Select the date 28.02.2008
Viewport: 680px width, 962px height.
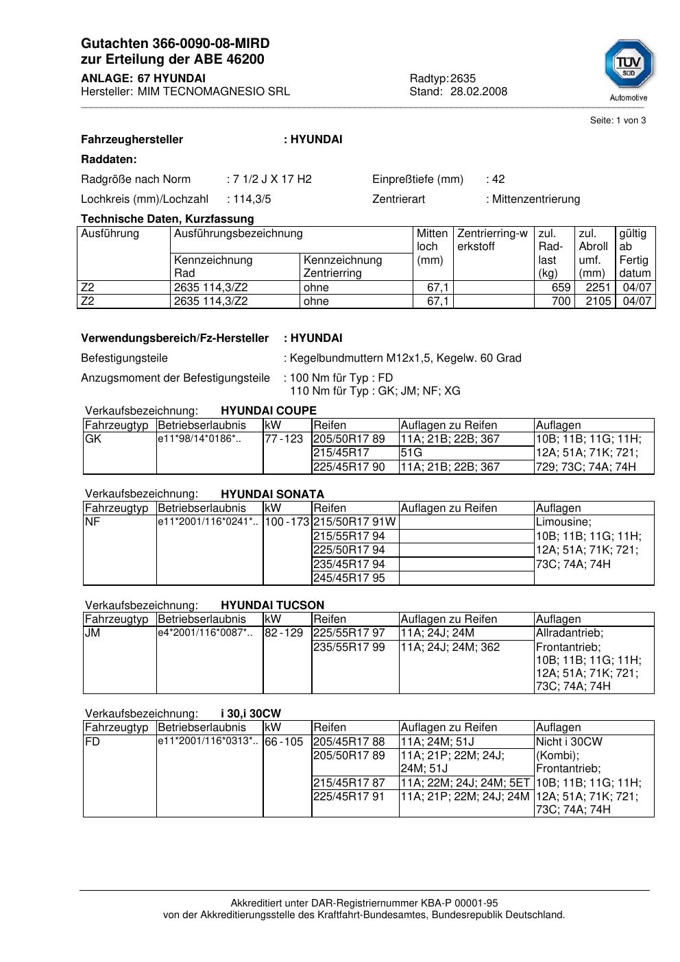[478, 91]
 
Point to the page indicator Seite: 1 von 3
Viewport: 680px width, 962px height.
[618, 121]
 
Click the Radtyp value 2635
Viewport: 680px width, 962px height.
[463, 78]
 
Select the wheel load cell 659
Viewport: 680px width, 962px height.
[561, 288]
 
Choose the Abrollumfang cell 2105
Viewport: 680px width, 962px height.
[598, 301]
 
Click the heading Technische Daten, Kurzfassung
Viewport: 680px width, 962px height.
[167, 219]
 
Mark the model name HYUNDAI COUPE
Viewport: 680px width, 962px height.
[269, 411]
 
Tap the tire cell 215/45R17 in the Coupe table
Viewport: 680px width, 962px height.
[341, 453]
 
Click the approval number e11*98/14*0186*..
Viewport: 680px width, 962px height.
[199, 439]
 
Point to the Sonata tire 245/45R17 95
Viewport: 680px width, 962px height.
[349, 578]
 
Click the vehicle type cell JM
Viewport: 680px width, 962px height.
[93, 633]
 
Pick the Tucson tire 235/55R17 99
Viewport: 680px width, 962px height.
[349, 647]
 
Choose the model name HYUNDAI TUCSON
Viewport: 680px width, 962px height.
[272, 606]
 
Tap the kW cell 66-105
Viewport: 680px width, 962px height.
[284, 742]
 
